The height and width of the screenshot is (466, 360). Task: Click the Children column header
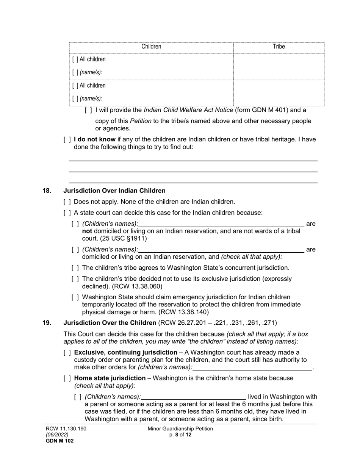click(x=151, y=47)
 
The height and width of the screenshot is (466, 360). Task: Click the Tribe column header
click(x=279, y=47)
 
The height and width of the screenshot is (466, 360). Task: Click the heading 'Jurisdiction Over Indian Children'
click(x=114, y=191)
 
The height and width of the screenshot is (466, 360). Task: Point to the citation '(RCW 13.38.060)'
click(x=138, y=286)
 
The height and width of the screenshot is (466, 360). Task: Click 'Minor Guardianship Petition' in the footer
click(x=180, y=429)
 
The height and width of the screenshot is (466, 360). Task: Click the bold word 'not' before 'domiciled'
click(x=87, y=231)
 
